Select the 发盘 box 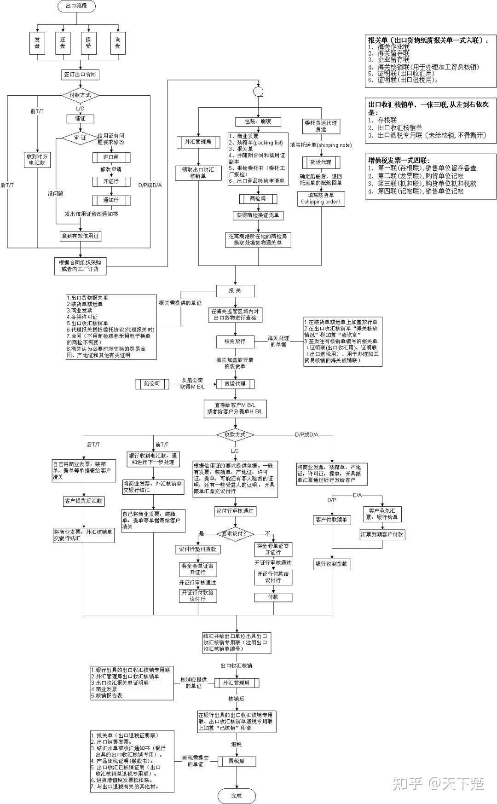point(37,43)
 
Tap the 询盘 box point(118,43)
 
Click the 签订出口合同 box point(80,74)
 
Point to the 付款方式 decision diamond point(80,95)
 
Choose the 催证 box point(80,118)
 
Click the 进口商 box point(111,157)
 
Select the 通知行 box point(111,200)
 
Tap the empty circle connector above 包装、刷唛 point(258,92)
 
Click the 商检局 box point(258,198)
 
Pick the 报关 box point(235,290)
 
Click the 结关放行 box point(235,341)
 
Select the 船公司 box point(152,383)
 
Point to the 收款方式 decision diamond point(235,434)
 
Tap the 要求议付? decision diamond point(235,533)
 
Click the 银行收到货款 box point(332,564)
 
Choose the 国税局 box point(236,761)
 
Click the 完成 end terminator point(236,796)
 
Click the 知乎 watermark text point(407,783)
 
